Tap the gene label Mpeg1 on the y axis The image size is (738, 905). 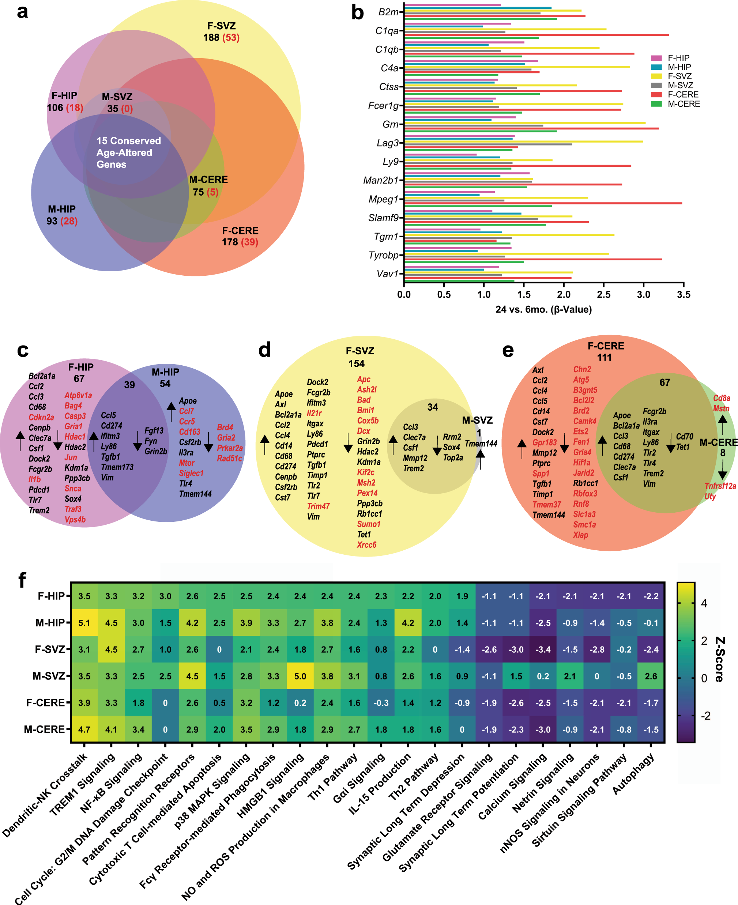point(384,199)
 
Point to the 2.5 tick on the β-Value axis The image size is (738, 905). point(604,294)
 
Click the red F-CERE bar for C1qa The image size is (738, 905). point(536,35)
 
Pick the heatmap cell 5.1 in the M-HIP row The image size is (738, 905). point(84,623)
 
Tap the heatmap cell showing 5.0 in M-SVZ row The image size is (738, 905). point(300,676)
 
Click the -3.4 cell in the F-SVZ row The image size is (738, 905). point(543,649)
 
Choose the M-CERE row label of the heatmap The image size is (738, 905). point(44,729)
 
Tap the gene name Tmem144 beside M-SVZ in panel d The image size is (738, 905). point(481,444)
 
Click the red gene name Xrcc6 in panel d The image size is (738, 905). point(366,544)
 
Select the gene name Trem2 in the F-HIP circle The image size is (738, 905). point(39,510)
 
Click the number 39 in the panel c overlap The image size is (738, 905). point(129,385)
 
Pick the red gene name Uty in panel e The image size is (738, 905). point(710,496)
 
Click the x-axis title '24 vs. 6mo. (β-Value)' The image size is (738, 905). point(543,309)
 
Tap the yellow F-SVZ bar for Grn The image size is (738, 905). point(524,122)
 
